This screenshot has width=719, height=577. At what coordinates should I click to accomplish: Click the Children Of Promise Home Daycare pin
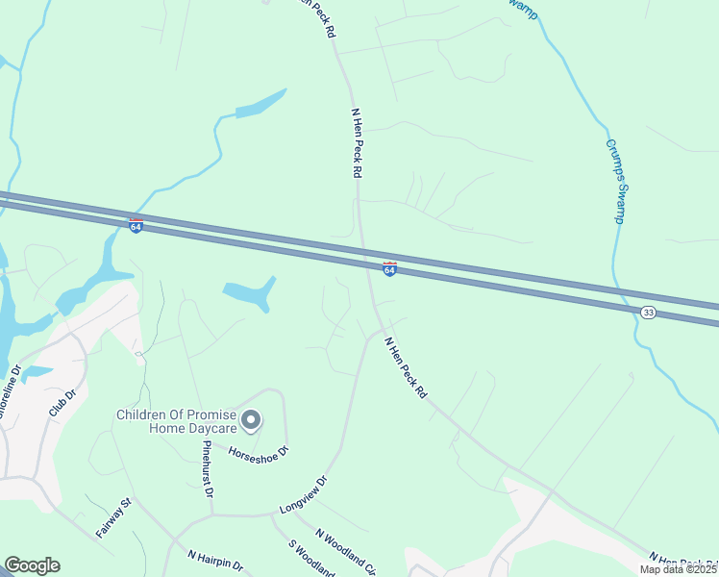point(251,420)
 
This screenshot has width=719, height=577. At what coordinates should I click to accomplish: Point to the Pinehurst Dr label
point(207,470)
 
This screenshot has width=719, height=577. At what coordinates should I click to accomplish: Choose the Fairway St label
point(112,517)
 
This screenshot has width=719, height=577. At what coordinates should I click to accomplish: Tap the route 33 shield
point(649,314)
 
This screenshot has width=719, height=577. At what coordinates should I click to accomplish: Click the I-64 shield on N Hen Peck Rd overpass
point(389,269)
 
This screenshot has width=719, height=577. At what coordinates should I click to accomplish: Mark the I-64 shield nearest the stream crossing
point(136,225)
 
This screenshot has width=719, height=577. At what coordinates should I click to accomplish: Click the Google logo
point(32,565)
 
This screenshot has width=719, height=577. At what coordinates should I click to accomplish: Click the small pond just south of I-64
point(249,293)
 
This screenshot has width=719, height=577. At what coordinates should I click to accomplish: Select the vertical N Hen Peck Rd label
point(356,141)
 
